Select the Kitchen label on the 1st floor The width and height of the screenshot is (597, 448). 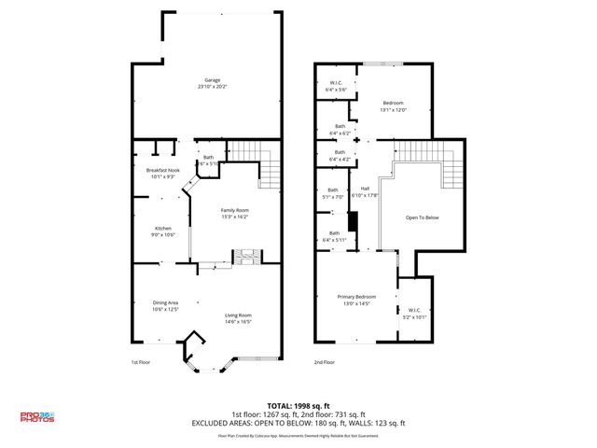(x=163, y=231)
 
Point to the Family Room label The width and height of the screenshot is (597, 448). (x=234, y=213)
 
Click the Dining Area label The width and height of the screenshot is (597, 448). (x=166, y=305)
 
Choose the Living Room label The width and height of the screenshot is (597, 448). (x=238, y=318)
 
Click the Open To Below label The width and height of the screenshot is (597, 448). (x=422, y=217)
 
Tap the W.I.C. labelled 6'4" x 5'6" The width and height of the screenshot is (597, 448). (x=337, y=86)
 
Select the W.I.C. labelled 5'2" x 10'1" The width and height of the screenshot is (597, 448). (x=414, y=313)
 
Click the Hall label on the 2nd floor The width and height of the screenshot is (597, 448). (x=366, y=191)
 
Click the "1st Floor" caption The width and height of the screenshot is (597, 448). (x=141, y=362)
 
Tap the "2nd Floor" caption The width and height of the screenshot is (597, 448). (x=324, y=362)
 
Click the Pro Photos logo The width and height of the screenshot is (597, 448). (x=36, y=417)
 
